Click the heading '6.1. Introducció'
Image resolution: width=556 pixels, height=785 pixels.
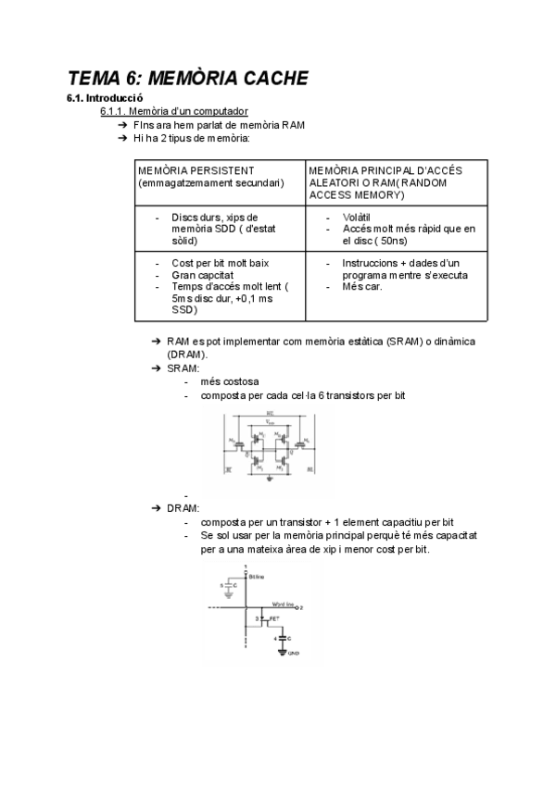tap(103, 97)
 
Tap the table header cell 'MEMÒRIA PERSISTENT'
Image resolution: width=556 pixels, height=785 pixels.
tap(196, 171)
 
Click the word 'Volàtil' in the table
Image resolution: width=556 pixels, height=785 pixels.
tap(358, 217)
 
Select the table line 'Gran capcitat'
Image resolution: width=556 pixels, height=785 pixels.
tap(202, 275)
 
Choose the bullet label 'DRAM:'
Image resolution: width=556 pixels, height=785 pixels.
tap(183, 508)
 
